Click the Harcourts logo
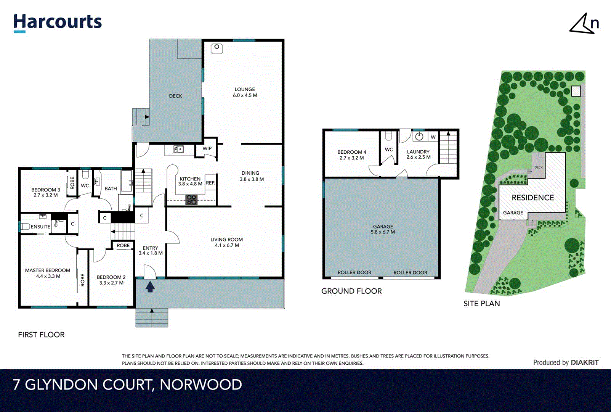click(x=58, y=23)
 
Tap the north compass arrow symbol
click(x=582, y=24)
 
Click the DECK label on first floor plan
click(x=175, y=96)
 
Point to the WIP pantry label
click(x=207, y=149)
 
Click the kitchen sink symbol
click(x=178, y=149)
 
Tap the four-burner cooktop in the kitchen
click(x=191, y=200)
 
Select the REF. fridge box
click(x=210, y=183)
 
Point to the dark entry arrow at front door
click(x=150, y=286)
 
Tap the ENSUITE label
click(x=40, y=227)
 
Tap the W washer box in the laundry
click(x=433, y=137)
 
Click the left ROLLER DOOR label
click(x=354, y=272)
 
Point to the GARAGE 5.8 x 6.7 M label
click(x=383, y=229)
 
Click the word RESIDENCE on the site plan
click(x=532, y=198)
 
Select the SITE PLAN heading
click(x=481, y=304)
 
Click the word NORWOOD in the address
click(x=200, y=385)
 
